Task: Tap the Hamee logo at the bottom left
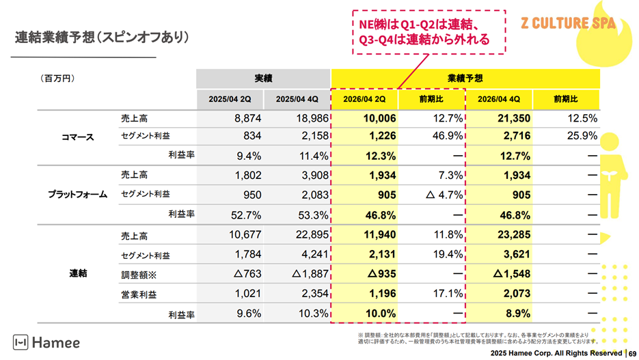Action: [x=46, y=342]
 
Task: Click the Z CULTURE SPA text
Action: [x=568, y=23]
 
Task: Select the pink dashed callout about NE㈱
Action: [x=429, y=31]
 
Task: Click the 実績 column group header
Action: [x=263, y=79]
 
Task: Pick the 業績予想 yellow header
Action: [x=465, y=79]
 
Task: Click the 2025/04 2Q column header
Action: [x=230, y=98]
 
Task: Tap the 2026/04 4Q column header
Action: [x=499, y=98]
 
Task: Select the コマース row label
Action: [x=77, y=137]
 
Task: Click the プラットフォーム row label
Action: [x=77, y=195]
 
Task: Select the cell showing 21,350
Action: [x=513, y=118]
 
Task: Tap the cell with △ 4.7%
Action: [x=445, y=195]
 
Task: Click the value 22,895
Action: [x=312, y=236]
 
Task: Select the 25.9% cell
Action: [x=582, y=136]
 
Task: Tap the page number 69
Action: [x=632, y=353]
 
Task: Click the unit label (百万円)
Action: [x=57, y=79]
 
